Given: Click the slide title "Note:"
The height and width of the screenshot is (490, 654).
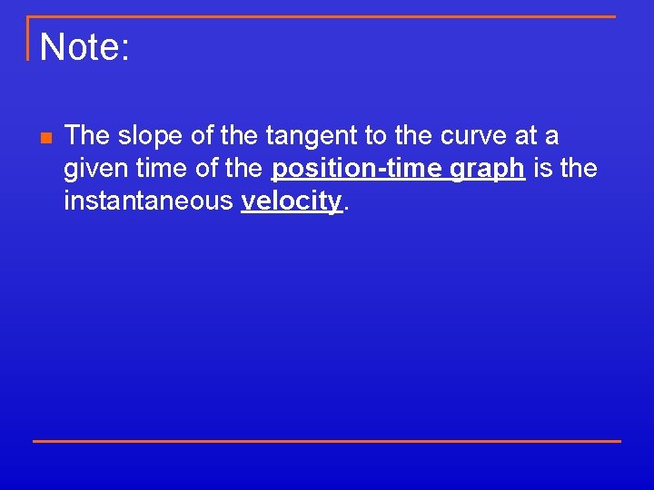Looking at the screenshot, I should click(x=85, y=47).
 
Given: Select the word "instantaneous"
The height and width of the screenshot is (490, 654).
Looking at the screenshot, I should click(x=148, y=201).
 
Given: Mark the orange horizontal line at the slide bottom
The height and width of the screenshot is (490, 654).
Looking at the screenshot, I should click(x=327, y=441).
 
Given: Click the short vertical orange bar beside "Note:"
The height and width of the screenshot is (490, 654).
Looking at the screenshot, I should click(x=28, y=38).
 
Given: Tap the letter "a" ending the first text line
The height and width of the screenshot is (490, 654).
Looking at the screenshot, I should click(x=552, y=137).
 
